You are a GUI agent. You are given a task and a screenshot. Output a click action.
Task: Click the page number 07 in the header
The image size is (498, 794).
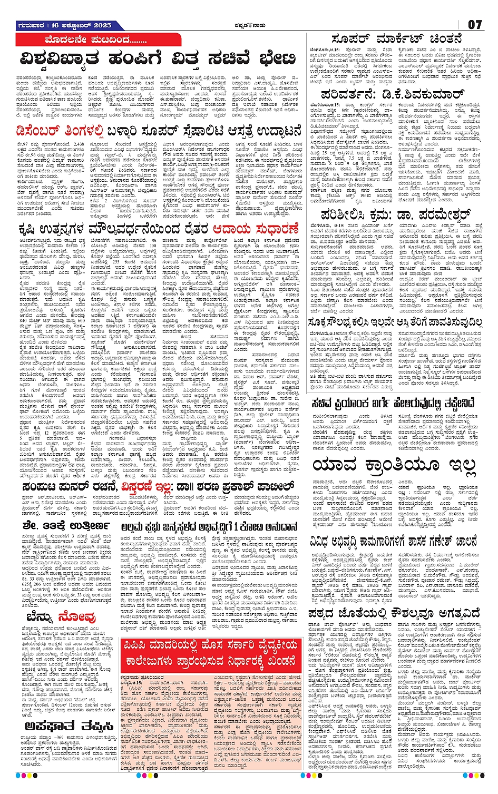point(475,25)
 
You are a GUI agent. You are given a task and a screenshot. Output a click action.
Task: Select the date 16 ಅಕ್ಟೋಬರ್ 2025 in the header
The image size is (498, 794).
point(83,25)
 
